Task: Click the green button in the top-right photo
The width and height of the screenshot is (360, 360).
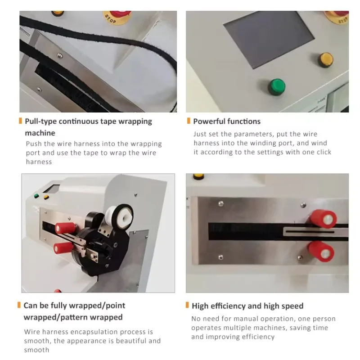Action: click(277, 86)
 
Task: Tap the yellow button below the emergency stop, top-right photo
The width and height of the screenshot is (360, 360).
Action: click(326, 59)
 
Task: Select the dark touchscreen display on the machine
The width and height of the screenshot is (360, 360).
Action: click(263, 40)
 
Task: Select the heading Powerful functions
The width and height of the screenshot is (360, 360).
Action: click(227, 121)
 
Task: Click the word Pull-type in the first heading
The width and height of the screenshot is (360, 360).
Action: click(40, 121)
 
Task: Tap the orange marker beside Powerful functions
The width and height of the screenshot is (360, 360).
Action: click(188, 121)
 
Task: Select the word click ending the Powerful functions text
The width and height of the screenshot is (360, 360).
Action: click(322, 152)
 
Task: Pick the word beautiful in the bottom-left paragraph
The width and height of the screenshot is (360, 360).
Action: click(124, 341)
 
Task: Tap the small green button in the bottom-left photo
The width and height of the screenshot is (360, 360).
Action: click(36, 196)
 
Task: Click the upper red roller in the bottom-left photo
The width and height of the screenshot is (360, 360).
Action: click(64, 228)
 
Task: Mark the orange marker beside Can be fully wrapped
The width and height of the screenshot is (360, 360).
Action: click(19, 306)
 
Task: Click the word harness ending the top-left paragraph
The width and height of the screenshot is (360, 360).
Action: click(39, 162)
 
